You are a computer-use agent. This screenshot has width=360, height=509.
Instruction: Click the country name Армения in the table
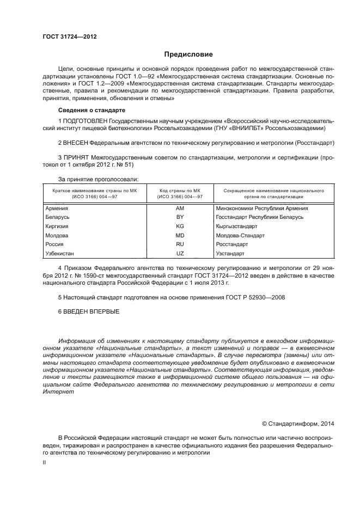tap(57, 208)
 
